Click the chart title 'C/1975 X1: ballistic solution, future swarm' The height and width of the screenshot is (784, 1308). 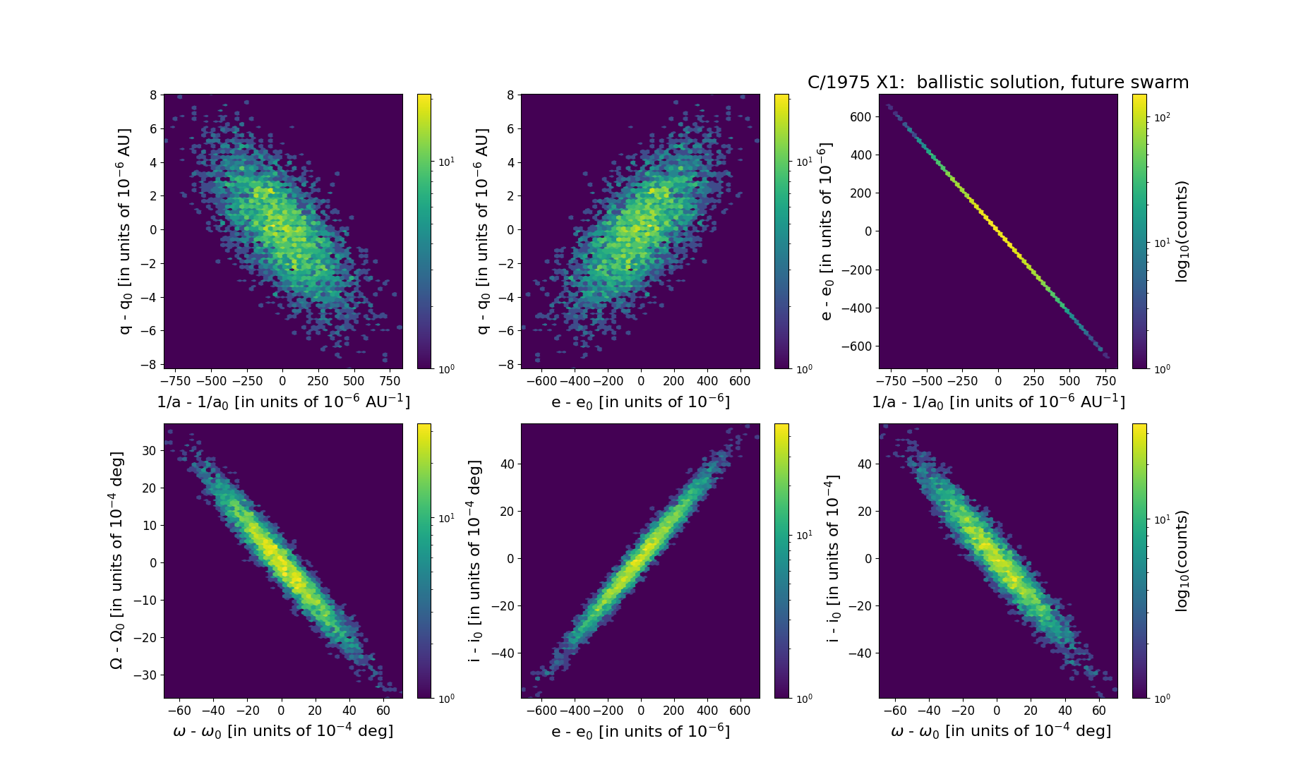click(x=997, y=83)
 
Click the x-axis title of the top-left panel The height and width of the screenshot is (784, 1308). click(x=283, y=402)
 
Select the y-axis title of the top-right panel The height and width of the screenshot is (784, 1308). click(x=827, y=231)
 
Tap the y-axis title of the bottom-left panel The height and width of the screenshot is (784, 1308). click(x=116, y=560)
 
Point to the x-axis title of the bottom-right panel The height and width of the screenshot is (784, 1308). click(x=1000, y=731)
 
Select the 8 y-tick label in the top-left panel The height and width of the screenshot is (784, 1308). click(x=152, y=95)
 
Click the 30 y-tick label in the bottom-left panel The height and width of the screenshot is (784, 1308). click(x=148, y=450)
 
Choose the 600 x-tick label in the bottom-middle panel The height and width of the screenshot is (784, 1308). click(x=740, y=711)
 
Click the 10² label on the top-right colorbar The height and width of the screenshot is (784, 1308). click(x=1162, y=116)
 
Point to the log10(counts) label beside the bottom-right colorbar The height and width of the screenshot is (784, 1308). click(x=1182, y=560)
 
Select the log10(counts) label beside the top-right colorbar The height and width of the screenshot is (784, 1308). click(x=1182, y=231)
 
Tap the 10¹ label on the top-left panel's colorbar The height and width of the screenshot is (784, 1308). click(x=446, y=162)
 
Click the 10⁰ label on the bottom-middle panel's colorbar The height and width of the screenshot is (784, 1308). click(x=803, y=698)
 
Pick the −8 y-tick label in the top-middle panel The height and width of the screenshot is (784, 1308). click(x=506, y=365)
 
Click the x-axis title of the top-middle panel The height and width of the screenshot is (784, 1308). click(x=640, y=402)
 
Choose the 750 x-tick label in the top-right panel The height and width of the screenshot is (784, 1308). click(x=1105, y=381)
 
